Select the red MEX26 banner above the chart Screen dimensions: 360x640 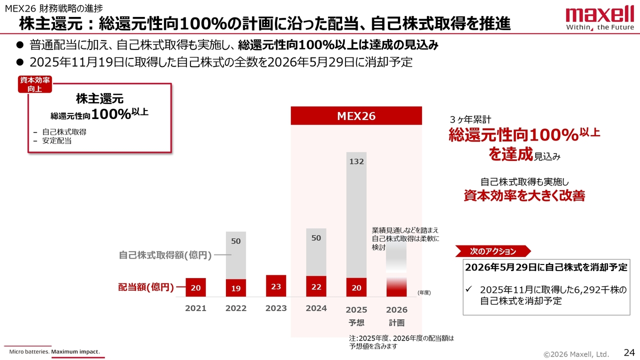point(356,116)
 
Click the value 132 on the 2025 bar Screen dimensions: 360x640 point(356,161)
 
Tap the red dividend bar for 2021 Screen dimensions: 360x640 point(195,287)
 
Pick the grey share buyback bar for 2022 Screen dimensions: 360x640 point(235,255)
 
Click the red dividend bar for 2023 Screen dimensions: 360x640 point(276,286)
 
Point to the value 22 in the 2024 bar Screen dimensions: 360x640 point(316,287)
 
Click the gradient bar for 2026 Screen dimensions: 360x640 point(396,270)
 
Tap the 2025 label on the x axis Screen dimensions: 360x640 point(356,309)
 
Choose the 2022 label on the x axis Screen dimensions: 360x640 point(235,308)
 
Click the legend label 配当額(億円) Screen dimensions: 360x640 point(145,287)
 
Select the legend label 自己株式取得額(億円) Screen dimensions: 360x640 point(165,255)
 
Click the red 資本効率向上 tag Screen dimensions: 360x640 point(34,84)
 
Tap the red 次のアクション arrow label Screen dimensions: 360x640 point(492,251)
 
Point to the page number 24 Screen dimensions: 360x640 point(628,352)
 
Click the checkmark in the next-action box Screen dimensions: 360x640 point(468,290)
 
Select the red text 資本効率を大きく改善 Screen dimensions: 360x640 point(524,195)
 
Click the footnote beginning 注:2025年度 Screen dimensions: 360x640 point(401,341)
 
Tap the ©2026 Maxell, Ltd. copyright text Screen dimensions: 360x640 point(576,354)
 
